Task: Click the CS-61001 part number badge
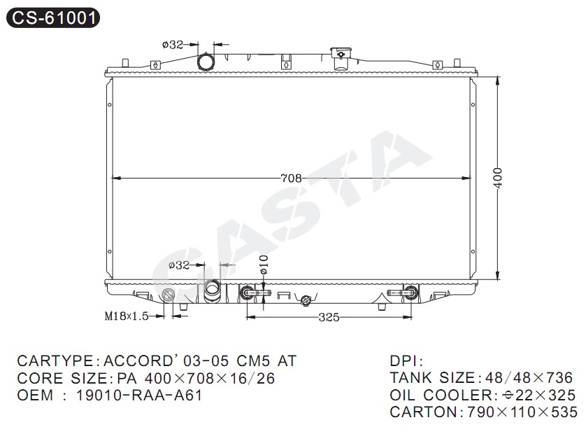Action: pos(53,17)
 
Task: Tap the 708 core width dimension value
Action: pos(291,178)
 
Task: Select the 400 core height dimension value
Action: pos(497,177)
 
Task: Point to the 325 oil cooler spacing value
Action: pos(329,317)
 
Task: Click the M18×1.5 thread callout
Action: pos(127,316)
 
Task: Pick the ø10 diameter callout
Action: pos(264,265)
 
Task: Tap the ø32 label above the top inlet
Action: pos(173,45)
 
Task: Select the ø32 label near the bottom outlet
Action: pos(179,265)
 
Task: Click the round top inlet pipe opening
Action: pos(205,62)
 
